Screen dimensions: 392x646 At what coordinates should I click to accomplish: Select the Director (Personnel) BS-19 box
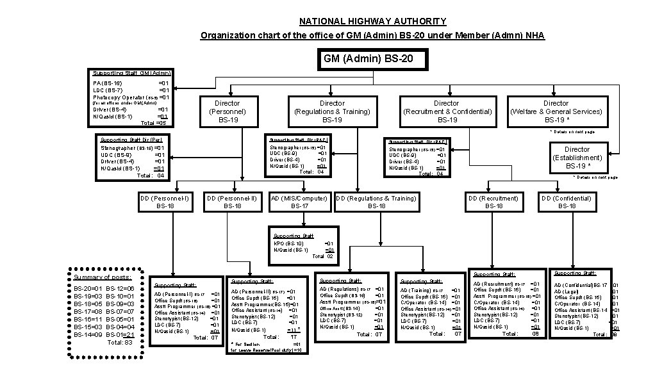[228, 111]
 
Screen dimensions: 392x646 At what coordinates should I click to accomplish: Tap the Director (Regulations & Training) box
[332, 111]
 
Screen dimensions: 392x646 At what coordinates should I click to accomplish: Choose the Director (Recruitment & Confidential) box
[446, 111]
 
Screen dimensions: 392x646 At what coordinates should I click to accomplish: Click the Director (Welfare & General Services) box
[556, 111]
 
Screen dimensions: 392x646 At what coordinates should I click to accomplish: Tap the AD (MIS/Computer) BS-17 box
[299, 202]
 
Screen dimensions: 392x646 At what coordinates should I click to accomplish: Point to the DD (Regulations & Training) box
[377, 202]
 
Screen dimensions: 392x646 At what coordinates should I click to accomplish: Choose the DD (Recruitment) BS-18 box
[493, 202]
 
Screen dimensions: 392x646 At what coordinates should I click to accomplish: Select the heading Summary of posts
[103, 277]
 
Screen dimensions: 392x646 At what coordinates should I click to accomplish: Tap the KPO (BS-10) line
[289, 243]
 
